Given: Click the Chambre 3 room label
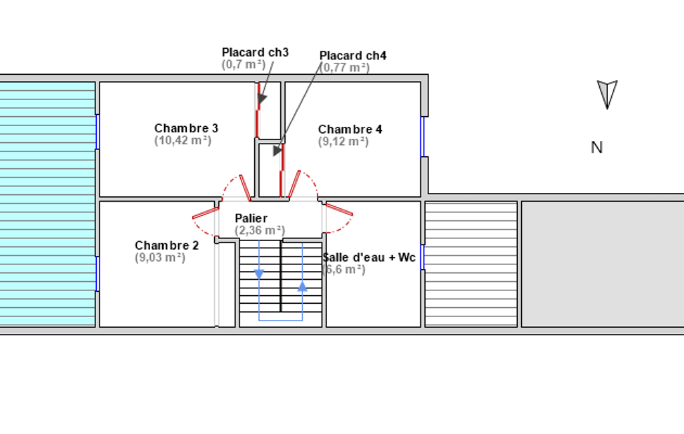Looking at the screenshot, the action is tap(186, 128).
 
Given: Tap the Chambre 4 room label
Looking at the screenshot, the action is tap(350, 130).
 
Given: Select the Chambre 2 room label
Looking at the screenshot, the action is tap(167, 246).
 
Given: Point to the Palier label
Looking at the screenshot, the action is tap(251, 218).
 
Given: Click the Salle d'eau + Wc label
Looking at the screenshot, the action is tap(369, 258).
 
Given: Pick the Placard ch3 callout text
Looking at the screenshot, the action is tap(255, 52).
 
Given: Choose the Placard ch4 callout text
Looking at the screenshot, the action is tap(353, 56).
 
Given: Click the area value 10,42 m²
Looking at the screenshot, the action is tap(183, 141).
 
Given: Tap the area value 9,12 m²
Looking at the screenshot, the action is tap(343, 142).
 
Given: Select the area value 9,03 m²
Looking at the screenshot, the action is tap(160, 258).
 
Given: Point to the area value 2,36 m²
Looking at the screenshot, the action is tap(260, 230).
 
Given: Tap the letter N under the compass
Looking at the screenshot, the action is tap(597, 148).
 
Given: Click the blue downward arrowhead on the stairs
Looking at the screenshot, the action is tap(259, 274).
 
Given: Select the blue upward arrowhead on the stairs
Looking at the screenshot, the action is tap(302, 286).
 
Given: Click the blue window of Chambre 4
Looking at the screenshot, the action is tap(422, 137).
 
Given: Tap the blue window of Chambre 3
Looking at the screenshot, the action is tap(97, 132).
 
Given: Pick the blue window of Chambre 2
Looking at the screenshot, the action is tap(97, 274).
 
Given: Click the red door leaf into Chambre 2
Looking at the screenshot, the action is tap(206, 213).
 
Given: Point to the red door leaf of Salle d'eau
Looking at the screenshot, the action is tap(340, 210).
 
